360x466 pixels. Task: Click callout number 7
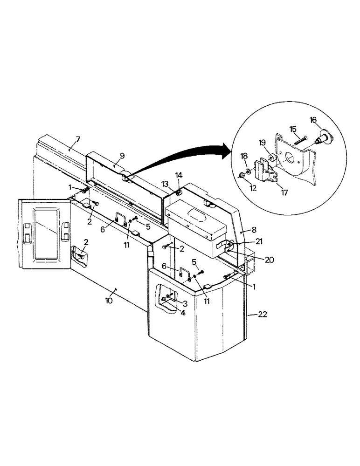78,139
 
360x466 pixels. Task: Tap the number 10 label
109,301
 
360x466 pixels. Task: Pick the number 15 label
293,128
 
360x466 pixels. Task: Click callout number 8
253,229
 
